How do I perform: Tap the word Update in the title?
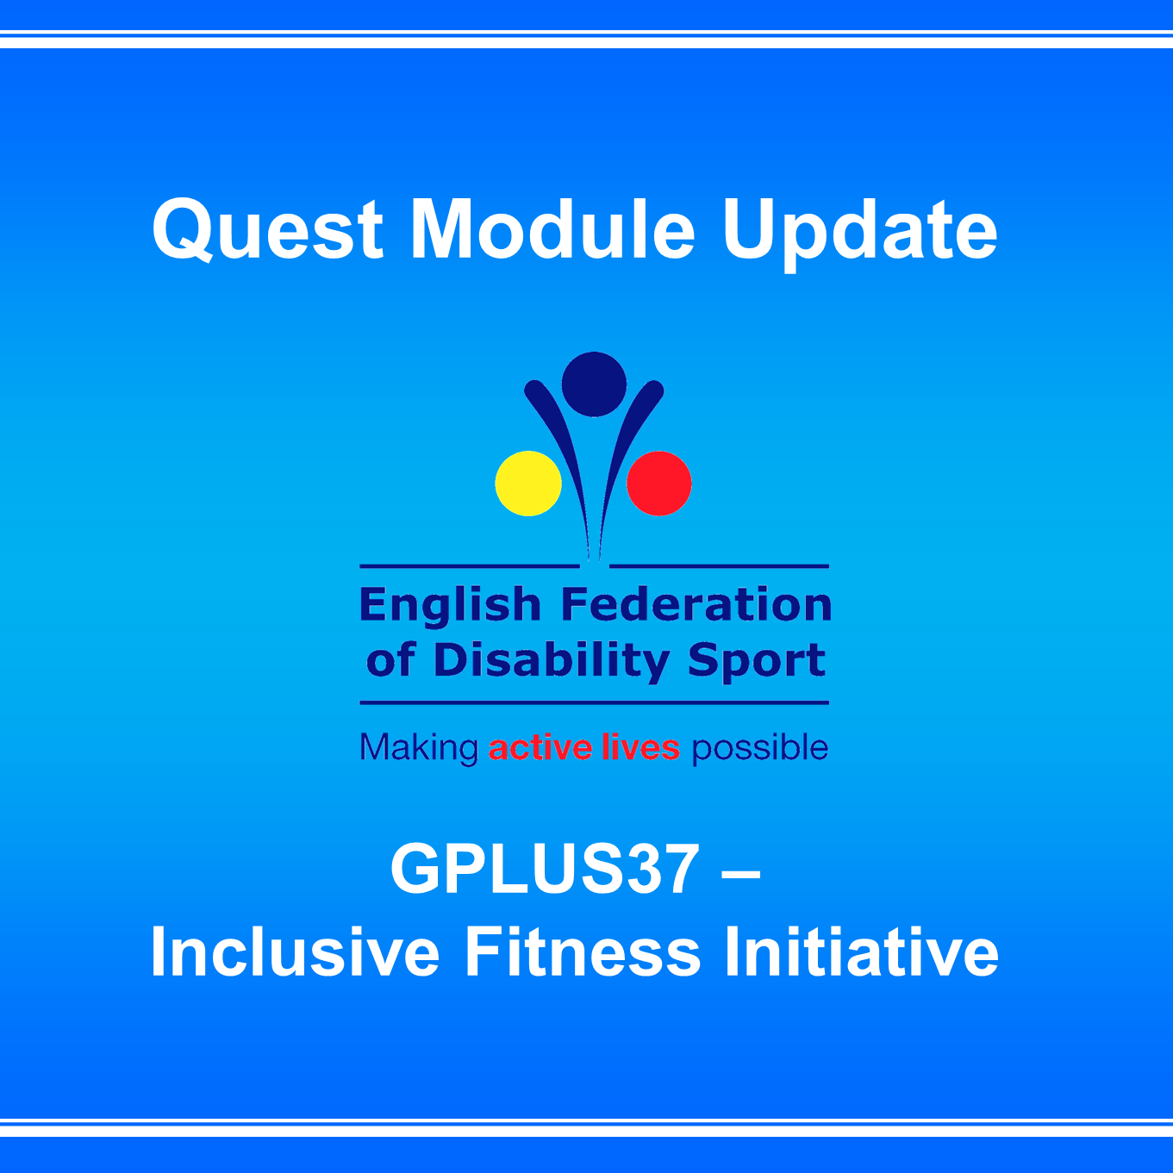(x=859, y=235)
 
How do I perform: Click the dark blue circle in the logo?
(x=594, y=384)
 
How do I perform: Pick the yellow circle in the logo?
(x=527, y=484)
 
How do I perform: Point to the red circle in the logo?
(x=659, y=484)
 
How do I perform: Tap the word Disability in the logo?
(x=552, y=662)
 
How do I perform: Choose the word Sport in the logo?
(x=757, y=662)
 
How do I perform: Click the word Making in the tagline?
(x=419, y=748)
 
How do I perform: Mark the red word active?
(x=540, y=747)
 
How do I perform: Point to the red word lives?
(x=640, y=747)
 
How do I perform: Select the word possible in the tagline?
(x=760, y=748)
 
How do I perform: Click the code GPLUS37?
(x=545, y=869)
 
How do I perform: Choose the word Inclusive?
(x=295, y=952)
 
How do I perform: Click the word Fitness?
(x=583, y=952)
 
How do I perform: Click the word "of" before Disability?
(x=390, y=662)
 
